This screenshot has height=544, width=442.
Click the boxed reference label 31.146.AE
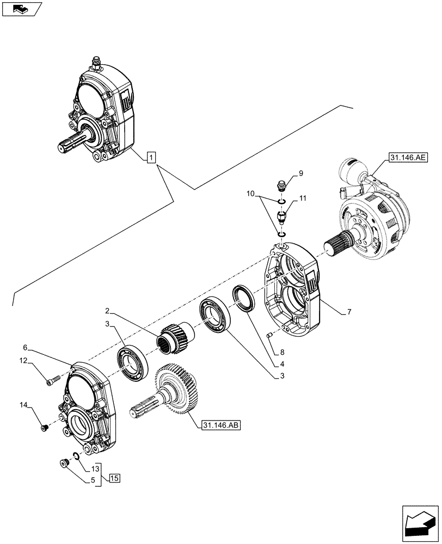409,158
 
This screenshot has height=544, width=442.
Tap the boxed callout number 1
151,158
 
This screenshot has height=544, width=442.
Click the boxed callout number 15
114,478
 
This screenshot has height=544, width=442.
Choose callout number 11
304,199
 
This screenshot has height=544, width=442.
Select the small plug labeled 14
45,428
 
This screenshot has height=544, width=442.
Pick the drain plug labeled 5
63,463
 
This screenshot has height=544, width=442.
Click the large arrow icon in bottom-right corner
419,523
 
